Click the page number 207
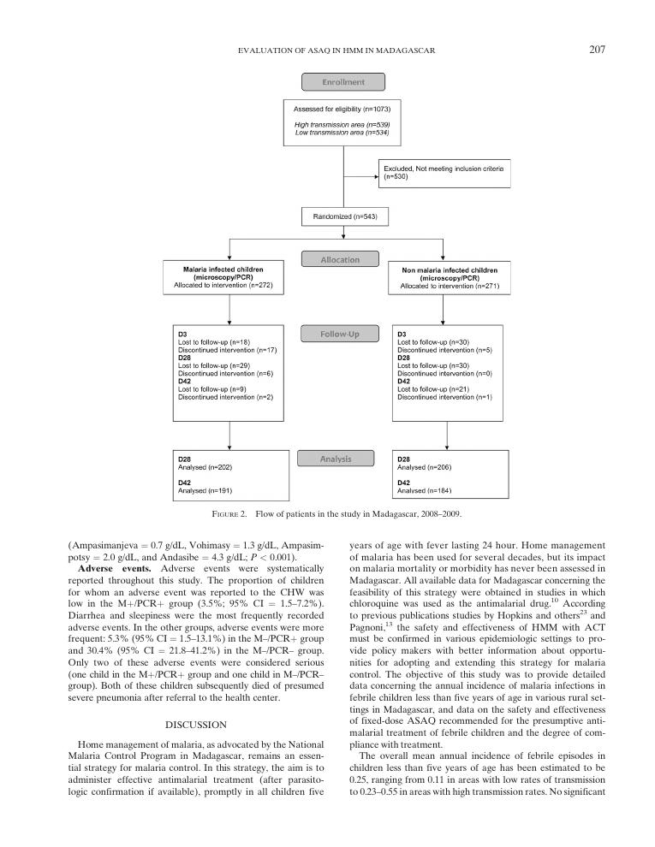(x=598, y=50)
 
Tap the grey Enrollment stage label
(x=342, y=82)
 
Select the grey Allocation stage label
(x=340, y=259)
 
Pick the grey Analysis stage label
(x=336, y=459)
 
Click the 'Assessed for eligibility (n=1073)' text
(x=342, y=110)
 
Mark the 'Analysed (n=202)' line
(x=205, y=468)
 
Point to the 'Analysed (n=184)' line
(x=426, y=491)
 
